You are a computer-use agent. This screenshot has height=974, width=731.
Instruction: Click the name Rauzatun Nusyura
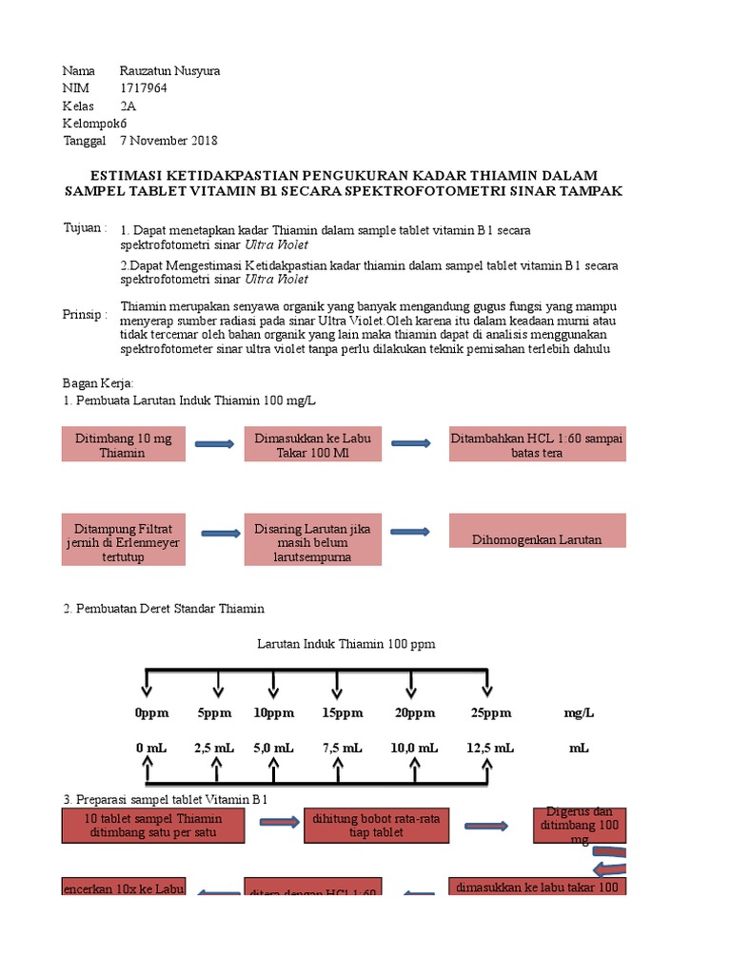pyautogui.click(x=169, y=71)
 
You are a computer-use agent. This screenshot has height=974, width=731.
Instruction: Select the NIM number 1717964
pyautogui.click(x=144, y=88)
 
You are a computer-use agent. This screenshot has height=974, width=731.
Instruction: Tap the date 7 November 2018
pyautogui.click(x=168, y=141)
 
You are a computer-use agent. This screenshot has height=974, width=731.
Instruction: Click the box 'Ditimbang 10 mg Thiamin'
pyautogui.click(x=124, y=444)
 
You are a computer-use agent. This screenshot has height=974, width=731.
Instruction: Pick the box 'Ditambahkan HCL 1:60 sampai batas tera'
pyautogui.click(x=537, y=444)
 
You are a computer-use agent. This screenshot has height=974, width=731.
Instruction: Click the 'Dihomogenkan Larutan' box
pyautogui.click(x=537, y=539)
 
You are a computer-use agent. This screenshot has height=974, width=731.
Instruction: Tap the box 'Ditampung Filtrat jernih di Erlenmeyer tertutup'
pyautogui.click(x=124, y=540)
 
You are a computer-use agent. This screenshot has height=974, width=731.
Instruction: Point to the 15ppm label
pyautogui.click(x=342, y=712)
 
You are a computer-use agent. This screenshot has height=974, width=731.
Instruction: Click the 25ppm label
pyautogui.click(x=490, y=712)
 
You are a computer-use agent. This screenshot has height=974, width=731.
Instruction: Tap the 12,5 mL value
pyautogui.click(x=490, y=749)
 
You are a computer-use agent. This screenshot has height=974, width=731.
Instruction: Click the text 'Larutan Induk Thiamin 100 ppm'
pyautogui.click(x=346, y=644)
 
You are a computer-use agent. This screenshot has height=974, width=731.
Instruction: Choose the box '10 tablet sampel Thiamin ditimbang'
pyautogui.click(x=153, y=825)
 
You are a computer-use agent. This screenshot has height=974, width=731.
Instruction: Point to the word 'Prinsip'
pyautogui.click(x=85, y=315)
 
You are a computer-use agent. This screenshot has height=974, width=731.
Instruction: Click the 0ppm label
pyautogui.click(x=150, y=712)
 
